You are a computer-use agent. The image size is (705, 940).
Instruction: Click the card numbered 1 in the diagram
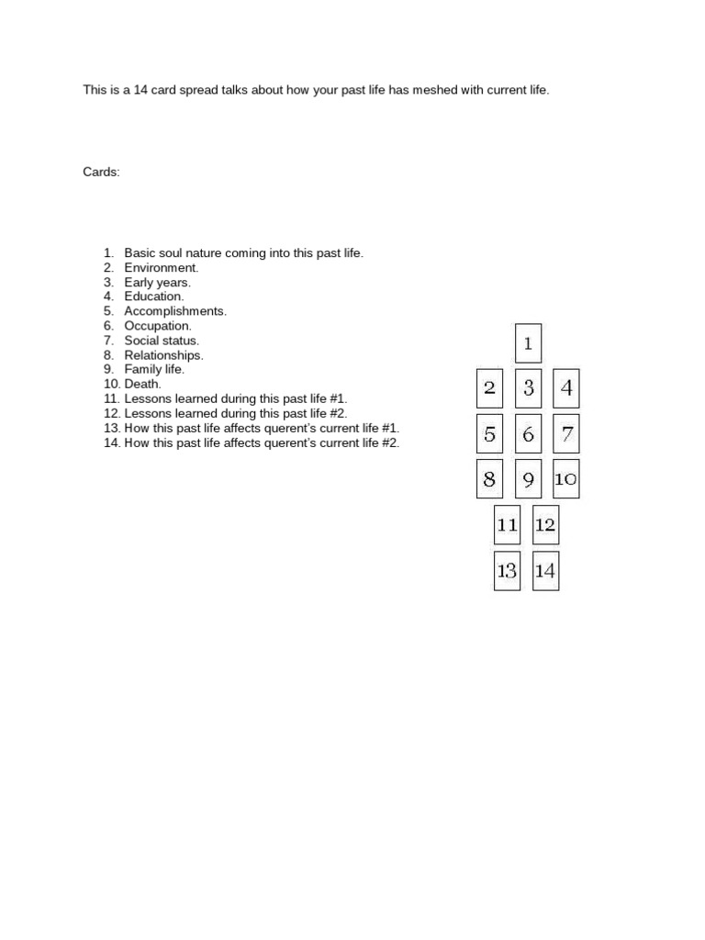[528, 344]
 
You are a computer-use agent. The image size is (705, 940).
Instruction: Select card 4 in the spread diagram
[566, 388]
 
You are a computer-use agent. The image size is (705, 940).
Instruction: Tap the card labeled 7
[566, 433]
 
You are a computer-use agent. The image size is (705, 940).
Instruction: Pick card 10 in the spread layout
[566, 479]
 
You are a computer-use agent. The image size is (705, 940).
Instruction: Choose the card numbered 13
[507, 570]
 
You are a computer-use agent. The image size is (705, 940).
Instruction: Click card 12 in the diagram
[545, 525]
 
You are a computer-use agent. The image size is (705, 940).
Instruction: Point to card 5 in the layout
[489, 433]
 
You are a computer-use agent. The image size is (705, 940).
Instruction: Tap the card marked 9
[528, 479]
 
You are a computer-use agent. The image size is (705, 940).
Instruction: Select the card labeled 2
[489, 388]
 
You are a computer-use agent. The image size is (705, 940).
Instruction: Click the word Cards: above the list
[102, 172]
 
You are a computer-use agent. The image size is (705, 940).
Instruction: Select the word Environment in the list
[161, 268]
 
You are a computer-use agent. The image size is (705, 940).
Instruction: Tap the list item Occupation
[158, 326]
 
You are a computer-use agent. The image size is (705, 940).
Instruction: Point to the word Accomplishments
[174, 311]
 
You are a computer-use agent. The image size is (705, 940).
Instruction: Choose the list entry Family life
[154, 370]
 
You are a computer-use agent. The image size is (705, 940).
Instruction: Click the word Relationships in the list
[163, 355]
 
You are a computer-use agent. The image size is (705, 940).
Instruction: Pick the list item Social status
[162, 341]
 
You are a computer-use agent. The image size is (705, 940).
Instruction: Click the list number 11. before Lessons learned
[112, 399]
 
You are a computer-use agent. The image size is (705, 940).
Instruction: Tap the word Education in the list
[153, 297]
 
